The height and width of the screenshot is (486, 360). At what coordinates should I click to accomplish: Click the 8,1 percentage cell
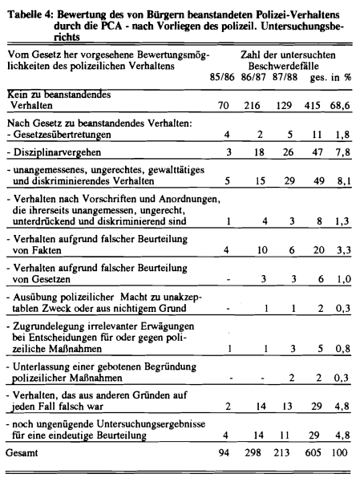coord(344,181)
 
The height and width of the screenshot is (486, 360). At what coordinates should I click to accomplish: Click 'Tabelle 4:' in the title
coord(30,14)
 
